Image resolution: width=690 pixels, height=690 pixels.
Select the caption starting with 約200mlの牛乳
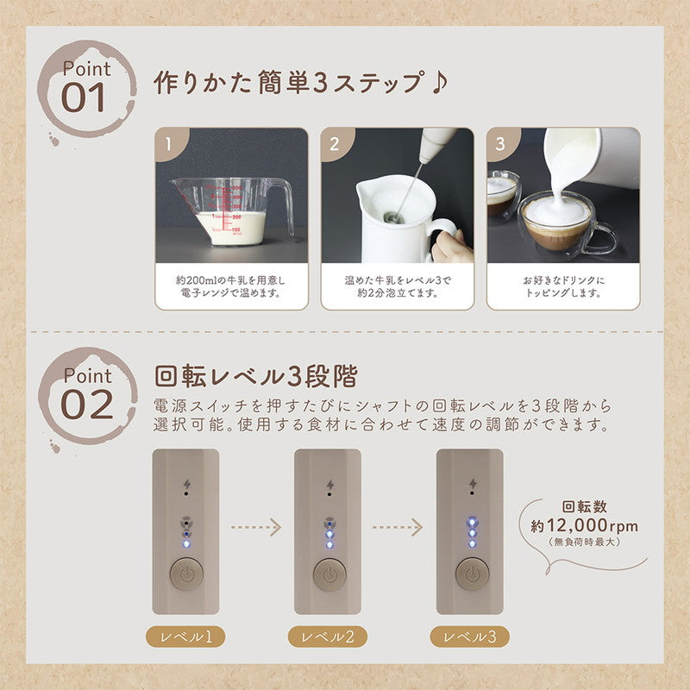[231, 286]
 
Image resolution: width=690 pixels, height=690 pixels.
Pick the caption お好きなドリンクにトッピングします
[562, 286]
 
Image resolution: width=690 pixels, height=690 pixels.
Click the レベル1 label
[185, 638]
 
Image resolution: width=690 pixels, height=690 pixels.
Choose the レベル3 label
[470, 637]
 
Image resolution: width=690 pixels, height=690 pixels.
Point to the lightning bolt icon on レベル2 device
[329, 483]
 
